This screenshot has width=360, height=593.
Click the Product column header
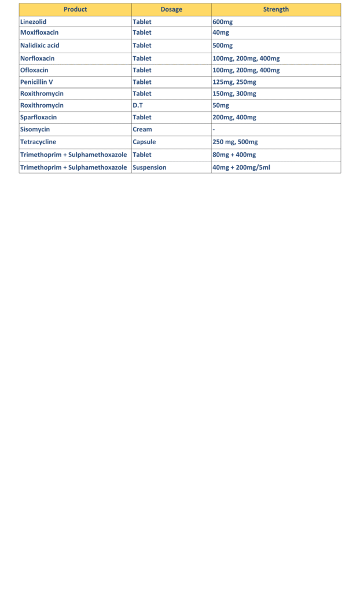point(75,9)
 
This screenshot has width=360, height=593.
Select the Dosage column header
point(171,9)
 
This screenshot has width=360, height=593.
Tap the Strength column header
point(276,9)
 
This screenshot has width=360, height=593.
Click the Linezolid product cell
point(34,22)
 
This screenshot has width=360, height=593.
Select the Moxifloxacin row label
point(39,32)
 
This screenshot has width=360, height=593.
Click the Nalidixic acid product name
point(40,46)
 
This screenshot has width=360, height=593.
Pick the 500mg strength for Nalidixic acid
point(222,46)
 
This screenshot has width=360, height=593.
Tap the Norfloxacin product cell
point(38,58)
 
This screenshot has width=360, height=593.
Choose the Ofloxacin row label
point(35,70)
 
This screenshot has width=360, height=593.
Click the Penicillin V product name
point(36,82)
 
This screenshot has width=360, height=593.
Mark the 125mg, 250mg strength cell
point(234,82)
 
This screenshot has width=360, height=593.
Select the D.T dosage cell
point(138,105)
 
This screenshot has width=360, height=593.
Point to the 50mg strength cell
point(221,105)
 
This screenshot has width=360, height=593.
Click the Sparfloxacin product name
point(39,118)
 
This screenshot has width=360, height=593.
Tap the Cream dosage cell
point(142,130)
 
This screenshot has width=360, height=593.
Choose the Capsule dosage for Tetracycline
point(144,142)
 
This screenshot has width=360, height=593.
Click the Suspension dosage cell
point(149,167)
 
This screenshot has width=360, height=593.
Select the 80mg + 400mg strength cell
point(234,155)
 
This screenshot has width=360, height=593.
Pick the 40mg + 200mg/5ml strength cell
point(241,167)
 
